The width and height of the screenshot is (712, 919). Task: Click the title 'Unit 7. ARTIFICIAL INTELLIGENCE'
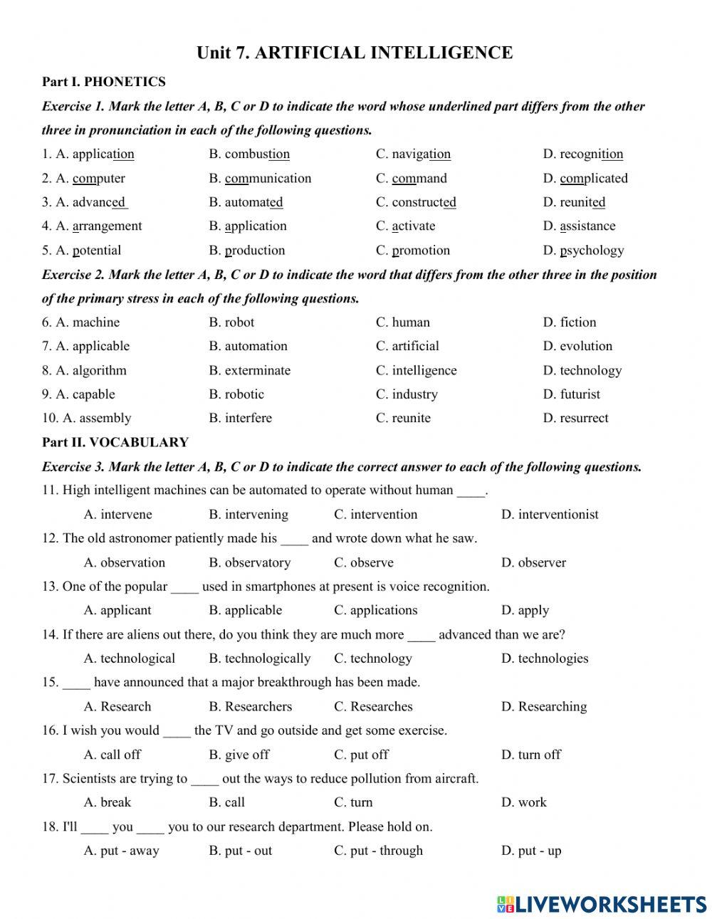click(x=355, y=53)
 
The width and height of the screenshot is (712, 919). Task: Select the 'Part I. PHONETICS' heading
click(x=103, y=82)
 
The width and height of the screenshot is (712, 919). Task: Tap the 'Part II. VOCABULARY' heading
click(x=115, y=442)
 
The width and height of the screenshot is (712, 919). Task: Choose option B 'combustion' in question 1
click(x=249, y=154)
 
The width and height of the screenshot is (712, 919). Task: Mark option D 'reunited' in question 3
click(x=574, y=202)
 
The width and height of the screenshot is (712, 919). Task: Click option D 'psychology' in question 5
click(x=583, y=251)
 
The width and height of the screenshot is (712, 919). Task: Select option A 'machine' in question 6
click(x=88, y=322)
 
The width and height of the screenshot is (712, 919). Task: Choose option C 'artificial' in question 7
click(x=407, y=347)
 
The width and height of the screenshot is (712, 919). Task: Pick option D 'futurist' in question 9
click(x=571, y=394)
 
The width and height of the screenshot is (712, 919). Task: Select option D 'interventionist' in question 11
click(x=550, y=515)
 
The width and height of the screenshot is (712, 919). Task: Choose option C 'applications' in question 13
click(x=375, y=610)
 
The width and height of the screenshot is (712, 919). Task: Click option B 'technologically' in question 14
click(x=259, y=658)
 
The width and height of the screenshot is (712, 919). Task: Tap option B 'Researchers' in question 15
click(x=250, y=706)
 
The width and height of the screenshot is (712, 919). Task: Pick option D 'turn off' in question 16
click(x=531, y=755)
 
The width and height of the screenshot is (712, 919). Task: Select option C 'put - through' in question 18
click(x=378, y=851)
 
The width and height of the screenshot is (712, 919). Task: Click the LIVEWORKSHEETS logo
click(x=602, y=903)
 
